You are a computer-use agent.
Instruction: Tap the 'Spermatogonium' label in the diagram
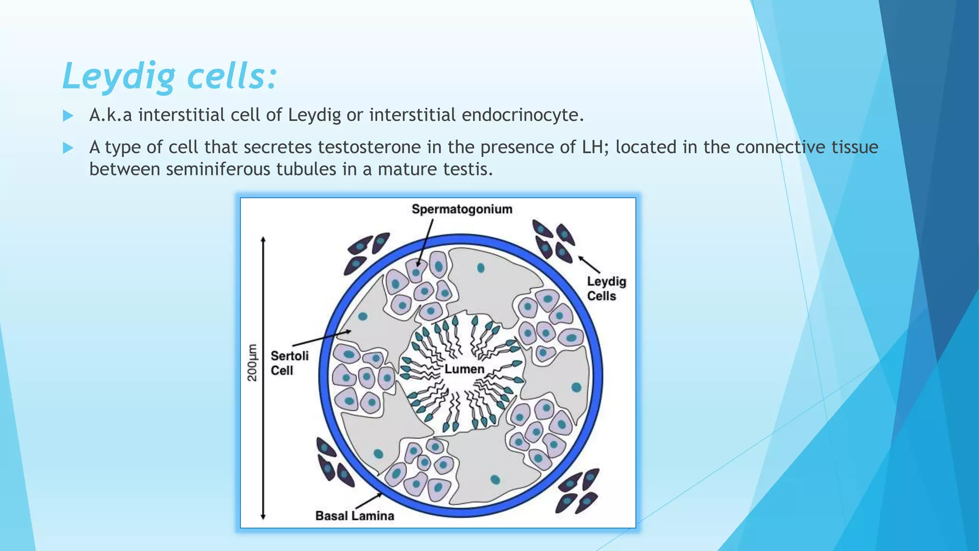pyautogui.click(x=462, y=209)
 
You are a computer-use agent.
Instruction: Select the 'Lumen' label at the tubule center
pyautogui.click(x=464, y=369)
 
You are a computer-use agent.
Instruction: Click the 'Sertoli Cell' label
pyautogui.click(x=289, y=363)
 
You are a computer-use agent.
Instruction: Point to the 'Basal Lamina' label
pyautogui.click(x=355, y=516)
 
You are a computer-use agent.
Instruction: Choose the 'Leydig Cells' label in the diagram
pyautogui.click(x=606, y=288)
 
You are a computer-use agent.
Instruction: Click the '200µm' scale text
pyautogui.click(x=252, y=363)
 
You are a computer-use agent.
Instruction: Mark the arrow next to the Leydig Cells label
pyautogui.click(x=589, y=264)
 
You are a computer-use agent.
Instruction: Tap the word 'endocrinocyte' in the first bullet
pyautogui.click(x=522, y=115)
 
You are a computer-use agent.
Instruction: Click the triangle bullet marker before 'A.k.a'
pyautogui.click(x=68, y=116)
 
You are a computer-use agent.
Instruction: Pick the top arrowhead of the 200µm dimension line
pyautogui.click(x=263, y=240)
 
